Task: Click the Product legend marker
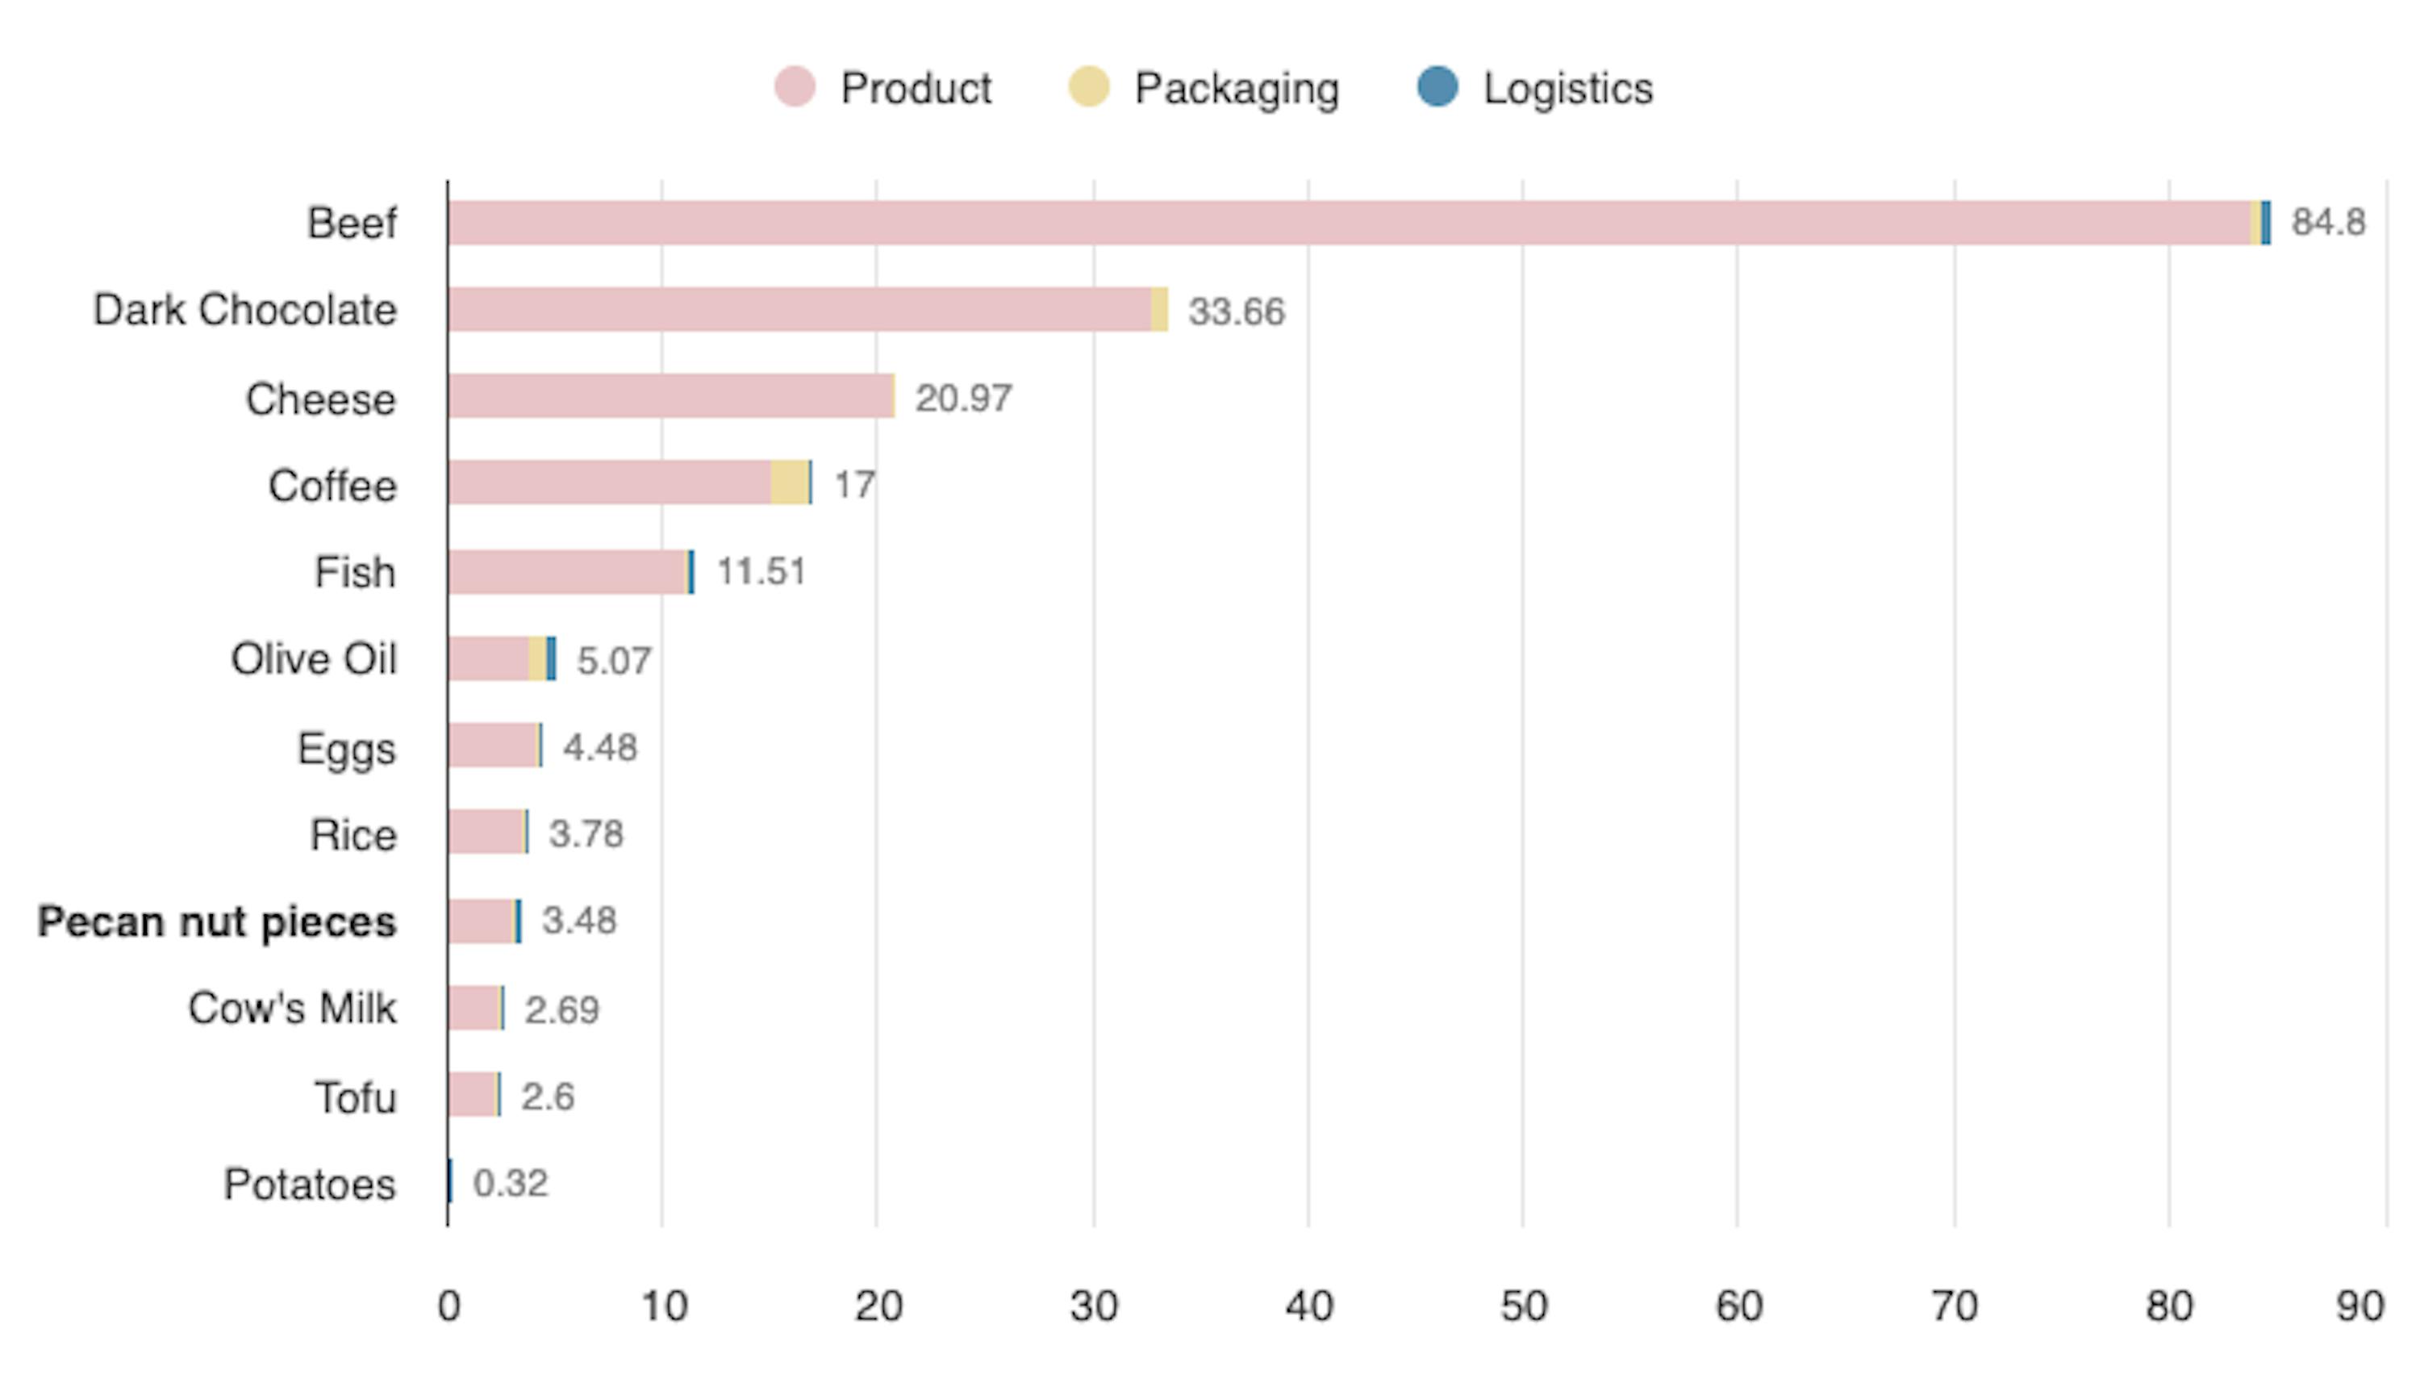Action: pos(794,87)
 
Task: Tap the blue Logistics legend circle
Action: pos(1437,86)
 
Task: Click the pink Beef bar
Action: pos(1348,224)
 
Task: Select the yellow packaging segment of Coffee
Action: pos(789,483)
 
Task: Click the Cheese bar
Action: pos(670,396)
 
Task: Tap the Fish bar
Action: pos(568,572)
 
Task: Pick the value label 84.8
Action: pos(2328,222)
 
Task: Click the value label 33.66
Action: pos(1236,311)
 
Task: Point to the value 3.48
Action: pos(579,921)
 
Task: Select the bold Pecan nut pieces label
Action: pos(216,922)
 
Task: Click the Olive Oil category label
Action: pos(313,659)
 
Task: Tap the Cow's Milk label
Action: pos(291,1008)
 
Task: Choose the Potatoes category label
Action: pos(310,1185)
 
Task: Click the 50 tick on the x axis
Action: pos(1523,1307)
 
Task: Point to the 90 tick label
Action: pos(2360,1307)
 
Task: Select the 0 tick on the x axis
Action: pos(449,1307)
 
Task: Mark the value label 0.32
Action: pos(511,1184)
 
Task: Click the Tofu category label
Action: pos(355,1098)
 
